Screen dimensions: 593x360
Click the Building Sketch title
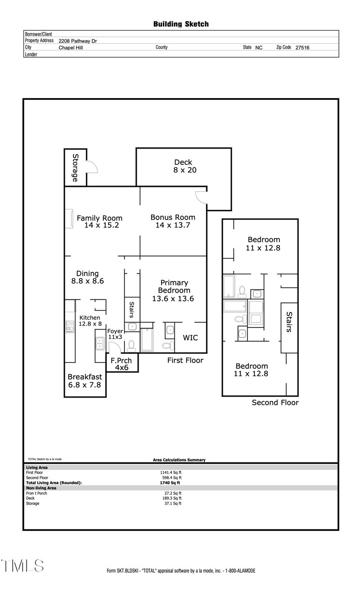[181, 24]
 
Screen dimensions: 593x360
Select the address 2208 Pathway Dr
[78, 41]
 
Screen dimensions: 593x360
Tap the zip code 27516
[302, 47]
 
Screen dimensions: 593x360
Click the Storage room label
[75, 168]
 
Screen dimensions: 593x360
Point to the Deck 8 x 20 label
[183, 166]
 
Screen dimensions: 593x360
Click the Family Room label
[100, 222]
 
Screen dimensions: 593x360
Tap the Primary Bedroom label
[173, 290]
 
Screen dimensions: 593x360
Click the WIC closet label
[190, 338]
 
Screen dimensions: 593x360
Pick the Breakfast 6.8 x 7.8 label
[85, 381]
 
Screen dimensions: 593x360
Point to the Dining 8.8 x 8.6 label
[87, 277]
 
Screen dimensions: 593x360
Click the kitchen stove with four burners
[70, 326]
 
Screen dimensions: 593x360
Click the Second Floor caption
[275, 403]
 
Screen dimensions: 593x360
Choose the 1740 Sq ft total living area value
[167, 482]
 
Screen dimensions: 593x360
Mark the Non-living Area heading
[41, 488]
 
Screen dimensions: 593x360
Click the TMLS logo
[22, 566]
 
